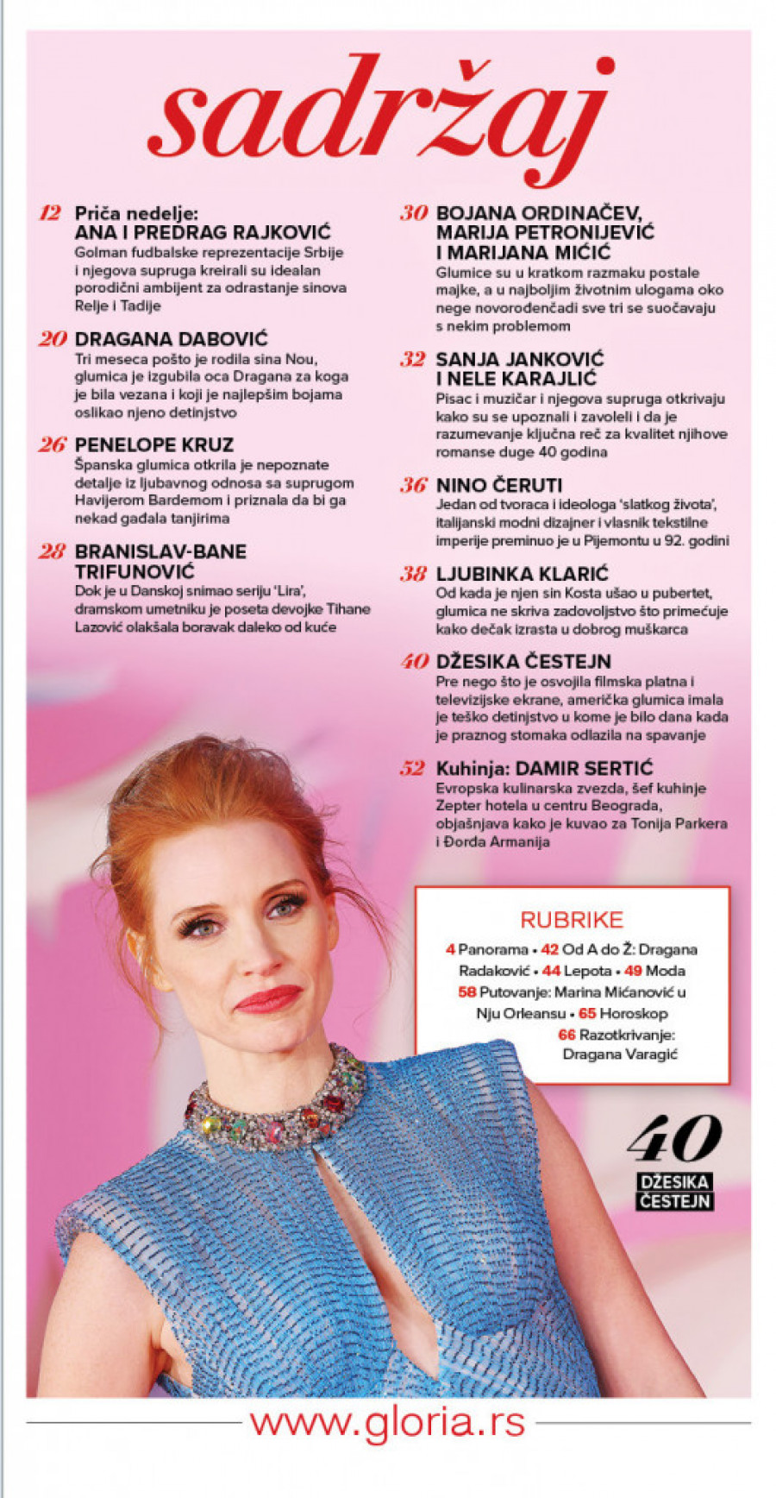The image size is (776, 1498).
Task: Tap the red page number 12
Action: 51,213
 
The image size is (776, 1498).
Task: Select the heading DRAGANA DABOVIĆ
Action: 171,339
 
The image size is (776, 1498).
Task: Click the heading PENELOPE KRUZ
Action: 153,445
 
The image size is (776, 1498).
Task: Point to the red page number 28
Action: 52,551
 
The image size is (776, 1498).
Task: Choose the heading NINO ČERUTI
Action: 498,485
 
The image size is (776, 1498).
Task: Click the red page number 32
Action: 413,359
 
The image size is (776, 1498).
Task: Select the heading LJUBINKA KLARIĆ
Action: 522,574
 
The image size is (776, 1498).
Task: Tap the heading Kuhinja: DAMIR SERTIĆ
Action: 544,768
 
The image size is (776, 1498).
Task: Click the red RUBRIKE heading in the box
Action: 571,920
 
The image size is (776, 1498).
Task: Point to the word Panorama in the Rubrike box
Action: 491,949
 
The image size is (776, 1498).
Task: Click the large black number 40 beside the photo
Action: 674,1139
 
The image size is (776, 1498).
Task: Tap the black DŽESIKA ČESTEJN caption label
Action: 674,1191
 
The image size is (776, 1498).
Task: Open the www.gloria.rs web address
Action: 387,1422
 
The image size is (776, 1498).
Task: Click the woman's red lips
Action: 268,999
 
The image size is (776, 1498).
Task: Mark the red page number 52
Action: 413,768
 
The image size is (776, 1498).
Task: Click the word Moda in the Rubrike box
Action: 665,971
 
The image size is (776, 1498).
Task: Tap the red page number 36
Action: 413,485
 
